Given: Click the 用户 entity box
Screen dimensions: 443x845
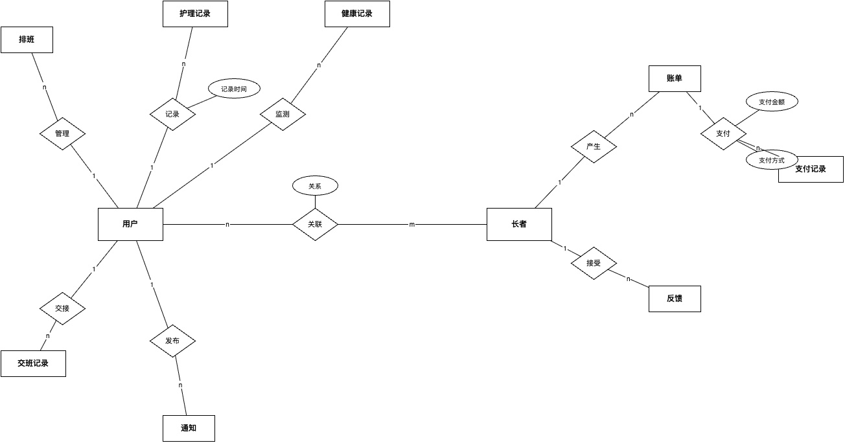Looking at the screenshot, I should coord(130,224).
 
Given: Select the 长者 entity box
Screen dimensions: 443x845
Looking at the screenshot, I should coord(519,224).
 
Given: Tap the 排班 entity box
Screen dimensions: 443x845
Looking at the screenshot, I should coord(27,40).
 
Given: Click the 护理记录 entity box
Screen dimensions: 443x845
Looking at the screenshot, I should coord(195,14).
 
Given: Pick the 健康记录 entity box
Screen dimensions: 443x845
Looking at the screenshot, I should coord(357,14).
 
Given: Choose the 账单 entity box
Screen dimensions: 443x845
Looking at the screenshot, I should coord(675,78).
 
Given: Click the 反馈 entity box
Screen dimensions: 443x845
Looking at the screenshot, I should coord(675,299).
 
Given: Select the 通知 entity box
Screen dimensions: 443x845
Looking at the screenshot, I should coord(189,428).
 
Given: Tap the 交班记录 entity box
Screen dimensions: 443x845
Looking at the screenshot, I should coord(33,363).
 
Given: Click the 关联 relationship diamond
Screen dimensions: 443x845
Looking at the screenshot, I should coord(315,225).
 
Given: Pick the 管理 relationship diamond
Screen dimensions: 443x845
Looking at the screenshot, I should coord(62,134).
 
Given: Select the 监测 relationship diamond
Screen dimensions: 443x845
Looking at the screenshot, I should coord(283,114).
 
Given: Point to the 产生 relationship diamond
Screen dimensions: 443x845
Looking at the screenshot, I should coord(594,147).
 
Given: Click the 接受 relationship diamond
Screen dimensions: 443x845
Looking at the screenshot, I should coord(594,264).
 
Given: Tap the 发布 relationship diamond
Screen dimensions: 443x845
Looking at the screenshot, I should coord(172,341).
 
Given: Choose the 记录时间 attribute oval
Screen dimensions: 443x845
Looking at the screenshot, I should coord(234,89).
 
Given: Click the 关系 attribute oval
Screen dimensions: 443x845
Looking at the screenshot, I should coord(315,186).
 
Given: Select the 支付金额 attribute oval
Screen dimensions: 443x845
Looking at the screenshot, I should coord(772,102).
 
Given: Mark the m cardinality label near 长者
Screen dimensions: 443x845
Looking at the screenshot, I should coord(412,225).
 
